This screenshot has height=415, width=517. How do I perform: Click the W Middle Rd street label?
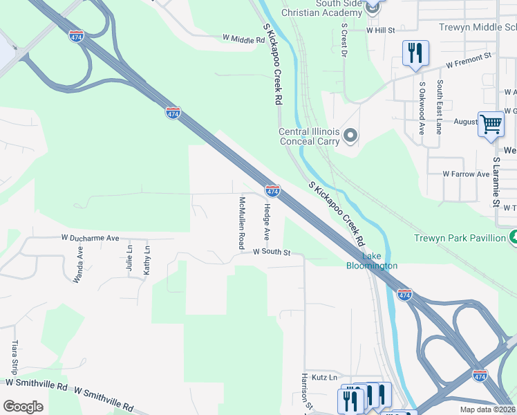[x=244, y=39]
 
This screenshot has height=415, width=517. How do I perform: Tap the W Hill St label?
[x=380, y=30]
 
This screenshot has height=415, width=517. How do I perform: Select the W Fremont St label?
[x=468, y=60]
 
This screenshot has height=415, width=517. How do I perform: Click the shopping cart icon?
[x=491, y=124]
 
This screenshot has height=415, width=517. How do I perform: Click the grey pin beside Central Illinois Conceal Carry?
[x=351, y=135]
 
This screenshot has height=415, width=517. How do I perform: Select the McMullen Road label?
[x=242, y=222]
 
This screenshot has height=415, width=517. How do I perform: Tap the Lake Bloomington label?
[x=371, y=260]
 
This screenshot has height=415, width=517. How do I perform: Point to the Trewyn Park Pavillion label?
[x=460, y=238]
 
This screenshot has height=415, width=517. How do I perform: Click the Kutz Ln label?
[x=323, y=377]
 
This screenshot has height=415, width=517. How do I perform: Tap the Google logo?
[x=23, y=407]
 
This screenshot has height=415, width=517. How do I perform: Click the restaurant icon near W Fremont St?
[x=415, y=53]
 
